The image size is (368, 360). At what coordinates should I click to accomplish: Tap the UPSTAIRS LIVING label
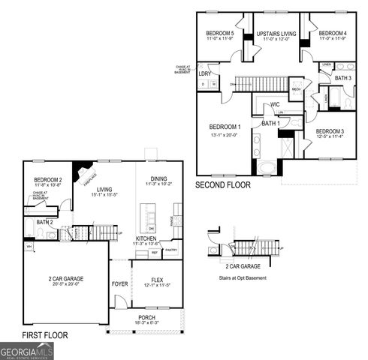click(276, 34)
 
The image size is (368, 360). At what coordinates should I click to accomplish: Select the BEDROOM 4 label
click(332, 34)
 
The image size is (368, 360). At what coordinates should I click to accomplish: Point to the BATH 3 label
click(343, 78)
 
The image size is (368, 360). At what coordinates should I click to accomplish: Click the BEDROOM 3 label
click(330, 132)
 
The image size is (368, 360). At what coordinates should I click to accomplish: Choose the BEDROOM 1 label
click(225, 127)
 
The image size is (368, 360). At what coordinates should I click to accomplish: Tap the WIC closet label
click(275, 104)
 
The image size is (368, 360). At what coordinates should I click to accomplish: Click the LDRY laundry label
click(204, 74)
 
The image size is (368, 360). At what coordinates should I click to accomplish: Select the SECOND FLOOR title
click(222, 184)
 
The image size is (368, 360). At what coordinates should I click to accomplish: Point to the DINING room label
click(158, 178)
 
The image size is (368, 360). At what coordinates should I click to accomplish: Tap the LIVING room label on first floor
click(104, 190)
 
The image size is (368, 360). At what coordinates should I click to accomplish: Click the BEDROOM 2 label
click(47, 181)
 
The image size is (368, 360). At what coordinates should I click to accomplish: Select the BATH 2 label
click(44, 222)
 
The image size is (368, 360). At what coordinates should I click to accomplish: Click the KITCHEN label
click(146, 238)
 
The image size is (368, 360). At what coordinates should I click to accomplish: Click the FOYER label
click(119, 284)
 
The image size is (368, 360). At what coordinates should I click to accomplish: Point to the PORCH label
click(147, 317)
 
